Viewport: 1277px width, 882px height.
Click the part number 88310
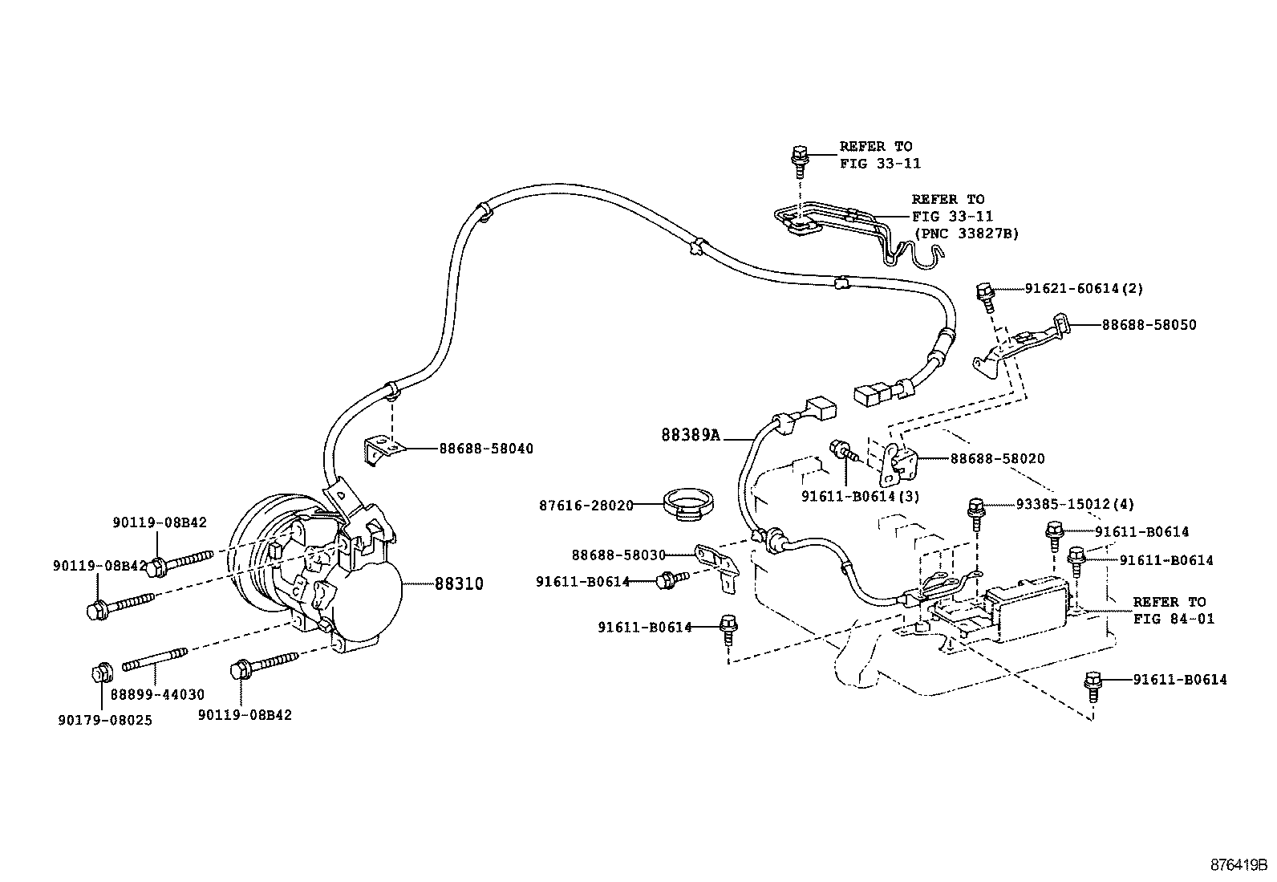tap(459, 583)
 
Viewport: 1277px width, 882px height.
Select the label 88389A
tap(691, 435)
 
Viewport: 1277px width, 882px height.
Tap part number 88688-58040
tap(485, 449)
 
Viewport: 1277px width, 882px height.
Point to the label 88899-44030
tap(157, 695)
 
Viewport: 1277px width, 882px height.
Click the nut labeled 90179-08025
tap(102, 673)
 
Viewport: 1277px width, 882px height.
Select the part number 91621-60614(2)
tap(1084, 288)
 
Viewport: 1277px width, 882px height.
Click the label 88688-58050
tap(1148, 325)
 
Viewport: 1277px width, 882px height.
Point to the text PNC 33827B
tap(967, 234)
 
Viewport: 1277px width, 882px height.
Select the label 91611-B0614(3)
tap(860, 496)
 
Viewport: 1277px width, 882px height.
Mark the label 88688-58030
tap(618, 555)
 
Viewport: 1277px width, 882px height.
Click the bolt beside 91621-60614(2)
tap(986, 295)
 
